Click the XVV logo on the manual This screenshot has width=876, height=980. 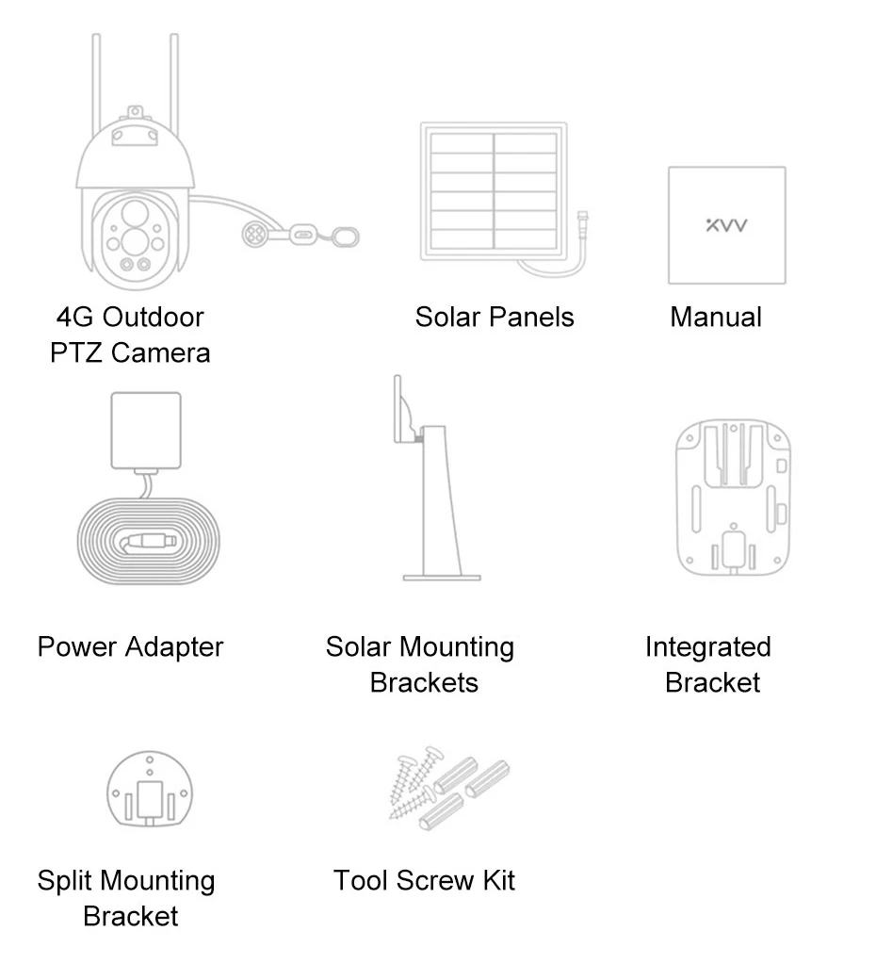coord(726,227)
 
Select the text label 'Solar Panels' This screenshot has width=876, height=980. coord(494,318)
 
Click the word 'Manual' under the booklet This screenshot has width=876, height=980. coord(716,318)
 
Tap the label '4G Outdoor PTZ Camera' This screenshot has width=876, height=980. coord(130,335)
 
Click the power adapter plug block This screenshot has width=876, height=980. coord(146,430)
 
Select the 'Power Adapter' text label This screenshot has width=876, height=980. coord(130,647)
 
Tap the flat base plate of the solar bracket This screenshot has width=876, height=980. coord(442,577)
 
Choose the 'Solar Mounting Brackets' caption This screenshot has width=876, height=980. coord(421,664)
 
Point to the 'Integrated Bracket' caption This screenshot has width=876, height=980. coord(709,664)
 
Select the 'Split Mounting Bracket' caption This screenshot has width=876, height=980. coord(127,898)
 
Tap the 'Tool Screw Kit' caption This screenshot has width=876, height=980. coord(424,881)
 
